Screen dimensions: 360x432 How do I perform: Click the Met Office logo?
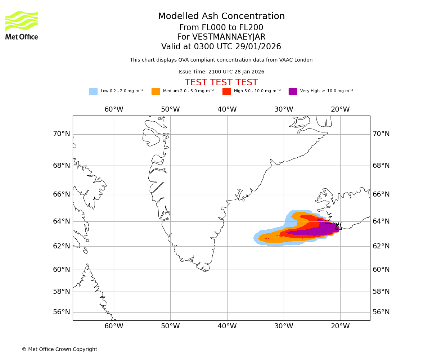pyautogui.click(x=22, y=25)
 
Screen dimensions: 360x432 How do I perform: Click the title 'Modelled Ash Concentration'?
pyautogui.click(x=221, y=17)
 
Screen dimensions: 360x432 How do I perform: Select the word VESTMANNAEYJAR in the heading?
pyautogui.click(x=229, y=37)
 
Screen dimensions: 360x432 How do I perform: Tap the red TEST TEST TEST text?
pyautogui.click(x=221, y=82)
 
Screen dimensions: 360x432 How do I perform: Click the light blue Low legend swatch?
pyautogui.click(x=93, y=91)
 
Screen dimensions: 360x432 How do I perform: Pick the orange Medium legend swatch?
pyautogui.click(x=156, y=91)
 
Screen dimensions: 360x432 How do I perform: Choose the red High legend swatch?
pyautogui.click(x=226, y=91)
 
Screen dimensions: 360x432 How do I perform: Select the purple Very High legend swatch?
pyautogui.click(x=293, y=91)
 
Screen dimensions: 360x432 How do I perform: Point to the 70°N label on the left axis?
pyautogui.click(x=62, y=134)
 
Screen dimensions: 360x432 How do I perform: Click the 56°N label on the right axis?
pyautogui.click(x=381, y=312)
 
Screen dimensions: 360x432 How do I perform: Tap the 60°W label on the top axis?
pyautogui.click(x=114, y=109)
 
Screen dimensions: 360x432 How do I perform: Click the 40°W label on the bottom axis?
pyautogui.click(x=227, y=327)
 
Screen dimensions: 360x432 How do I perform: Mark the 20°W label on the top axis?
pyautogui.click(x=340, y=109)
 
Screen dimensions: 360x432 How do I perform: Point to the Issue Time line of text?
pyautogui.click(x=221, y=72)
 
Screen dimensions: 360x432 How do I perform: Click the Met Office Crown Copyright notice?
pyautogui.click(x=59, y=350)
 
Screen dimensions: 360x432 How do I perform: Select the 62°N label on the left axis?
pyautogui.click(x=62, y=246)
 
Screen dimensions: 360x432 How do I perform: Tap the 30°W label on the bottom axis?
pyautogui.click(x=284, y=327)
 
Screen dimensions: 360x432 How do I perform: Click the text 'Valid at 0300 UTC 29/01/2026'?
pyautogui.click(x=221, y=47)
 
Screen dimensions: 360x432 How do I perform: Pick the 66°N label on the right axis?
pyautogui.click(x=381, y=194)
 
